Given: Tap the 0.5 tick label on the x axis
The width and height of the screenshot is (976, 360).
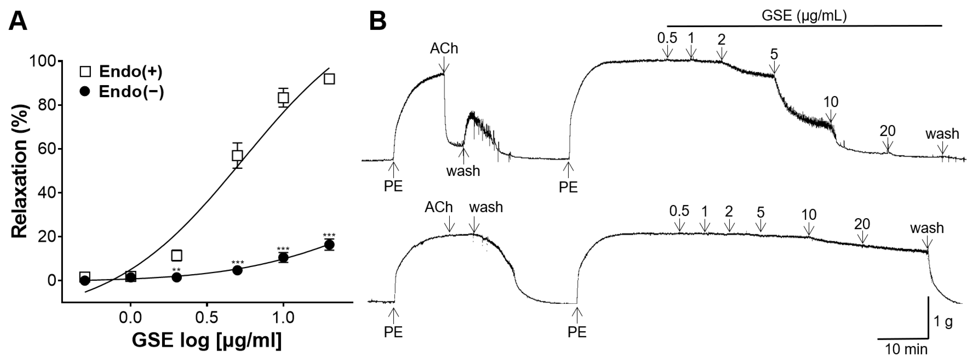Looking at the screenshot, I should tap(207, 317).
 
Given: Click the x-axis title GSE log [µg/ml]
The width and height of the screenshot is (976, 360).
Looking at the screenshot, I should tap(207, 340).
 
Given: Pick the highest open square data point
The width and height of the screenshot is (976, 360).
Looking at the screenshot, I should tap(329, 79).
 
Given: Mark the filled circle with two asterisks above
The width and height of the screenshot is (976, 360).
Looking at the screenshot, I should tap(176, 277).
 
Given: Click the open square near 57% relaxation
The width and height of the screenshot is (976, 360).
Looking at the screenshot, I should tap(237, 155).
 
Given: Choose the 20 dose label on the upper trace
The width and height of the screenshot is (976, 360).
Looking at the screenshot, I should tap(887, 131).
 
